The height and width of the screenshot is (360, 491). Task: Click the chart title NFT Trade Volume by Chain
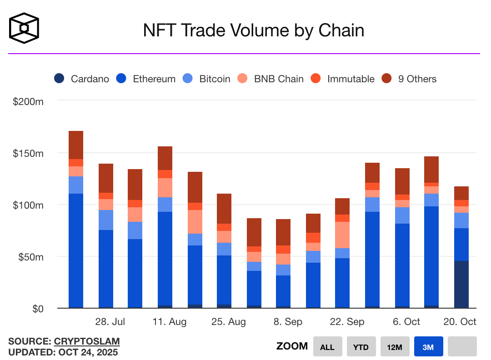(x=254, y=30)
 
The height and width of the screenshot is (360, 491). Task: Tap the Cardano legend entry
(x=82, y=79)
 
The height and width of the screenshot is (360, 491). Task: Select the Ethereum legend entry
(x=146, y=79)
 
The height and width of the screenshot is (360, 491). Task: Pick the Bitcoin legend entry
(x=206, y=79)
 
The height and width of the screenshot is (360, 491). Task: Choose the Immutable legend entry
(x=343, y=79)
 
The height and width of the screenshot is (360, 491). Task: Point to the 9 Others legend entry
(x=409, y=79)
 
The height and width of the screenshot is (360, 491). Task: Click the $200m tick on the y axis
(x=28, y=101)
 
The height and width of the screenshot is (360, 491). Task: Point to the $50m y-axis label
(x=30, y=257)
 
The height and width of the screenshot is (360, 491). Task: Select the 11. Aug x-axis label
(x=170, y=322)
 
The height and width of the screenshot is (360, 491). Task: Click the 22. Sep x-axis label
(x=347, y=322)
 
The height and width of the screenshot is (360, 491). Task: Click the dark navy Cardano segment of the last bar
(x=461, y=284)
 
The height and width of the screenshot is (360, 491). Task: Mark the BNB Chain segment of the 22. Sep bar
(x=342, y=235)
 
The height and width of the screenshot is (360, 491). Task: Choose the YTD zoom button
(x=361, y=347)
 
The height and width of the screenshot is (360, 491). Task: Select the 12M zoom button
(x=395, y=347)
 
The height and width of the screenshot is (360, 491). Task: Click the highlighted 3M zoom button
(x=428, y=347)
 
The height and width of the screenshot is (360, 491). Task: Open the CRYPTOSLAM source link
(x=87, y=341)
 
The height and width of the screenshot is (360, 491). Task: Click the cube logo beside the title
(x=24, y=28)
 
